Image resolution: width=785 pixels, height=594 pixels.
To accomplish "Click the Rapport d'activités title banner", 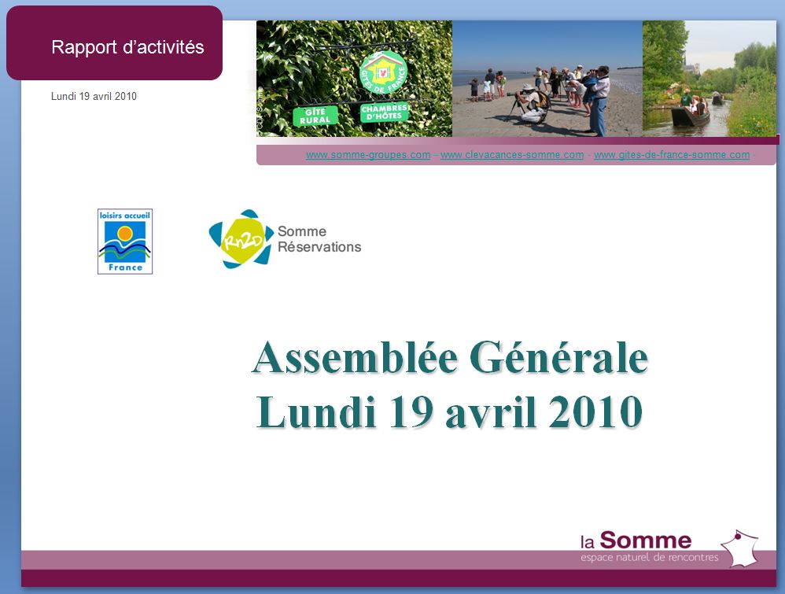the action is [x=114, y=43].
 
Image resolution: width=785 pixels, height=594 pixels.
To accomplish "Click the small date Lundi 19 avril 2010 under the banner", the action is [x=94, y=96].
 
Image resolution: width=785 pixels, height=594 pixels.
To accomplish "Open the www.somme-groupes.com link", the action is [x=368, y=155].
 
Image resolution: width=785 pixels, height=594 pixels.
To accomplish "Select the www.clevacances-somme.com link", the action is [x=512, y=155].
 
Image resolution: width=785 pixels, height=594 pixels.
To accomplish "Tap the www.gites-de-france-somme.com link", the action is [x=672, y=155].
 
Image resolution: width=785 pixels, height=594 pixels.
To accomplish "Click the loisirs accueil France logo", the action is [x=125, y=242].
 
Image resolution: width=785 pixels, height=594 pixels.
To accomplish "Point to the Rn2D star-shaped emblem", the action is [x=241, y=239].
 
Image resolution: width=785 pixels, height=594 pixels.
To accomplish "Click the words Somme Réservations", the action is [x=319, y=239].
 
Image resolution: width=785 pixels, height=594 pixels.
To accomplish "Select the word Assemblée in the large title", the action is [x=355, y=358].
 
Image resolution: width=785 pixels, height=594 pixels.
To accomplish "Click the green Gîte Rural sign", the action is [x=315, y=116].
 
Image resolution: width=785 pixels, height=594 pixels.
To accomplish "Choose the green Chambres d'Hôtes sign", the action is [x=384, y=113].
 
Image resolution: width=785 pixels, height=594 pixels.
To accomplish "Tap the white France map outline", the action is [x=739, y=548].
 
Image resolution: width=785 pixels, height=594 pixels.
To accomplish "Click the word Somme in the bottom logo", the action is [x=645, y=541].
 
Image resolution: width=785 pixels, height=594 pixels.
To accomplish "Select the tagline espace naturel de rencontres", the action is [x=650, y=557].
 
